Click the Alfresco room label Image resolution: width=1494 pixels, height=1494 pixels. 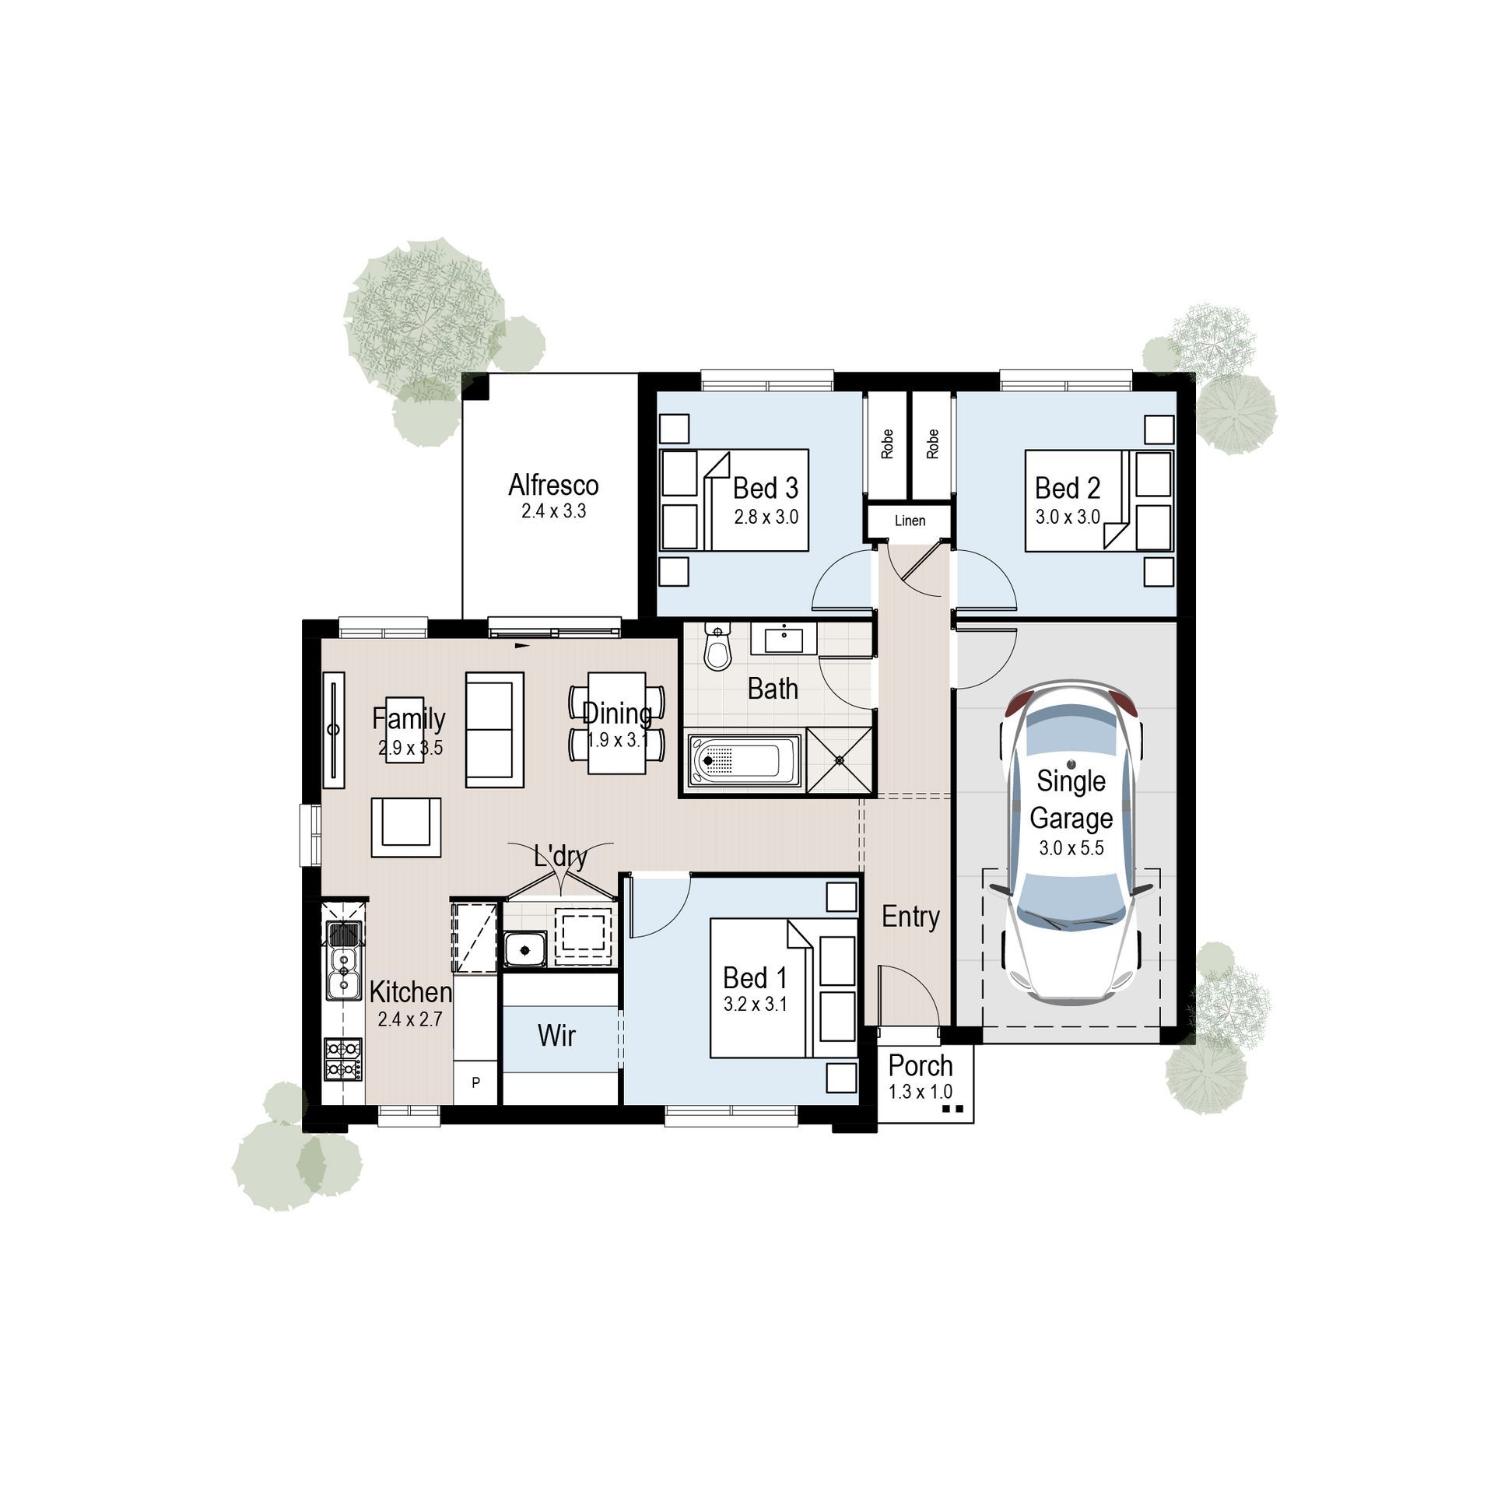[x=553, y=486]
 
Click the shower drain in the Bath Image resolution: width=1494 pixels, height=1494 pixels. [x=840, y=760]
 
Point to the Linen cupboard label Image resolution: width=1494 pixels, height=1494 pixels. [x=910, y=521]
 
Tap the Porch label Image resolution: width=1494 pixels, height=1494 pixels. [x=921, y=1065]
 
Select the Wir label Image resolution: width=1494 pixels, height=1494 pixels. [x=556, y=1036]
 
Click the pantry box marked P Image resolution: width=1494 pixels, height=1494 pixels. [x=475, y=1082]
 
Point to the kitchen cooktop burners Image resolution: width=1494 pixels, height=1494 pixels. [x=343, y=1059]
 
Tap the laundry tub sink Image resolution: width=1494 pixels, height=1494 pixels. [x=525, y=949]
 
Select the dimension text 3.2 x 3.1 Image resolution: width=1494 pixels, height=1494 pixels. [x=755, y=1005]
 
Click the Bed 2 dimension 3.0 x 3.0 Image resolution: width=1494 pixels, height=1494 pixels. [x=1067, y=517]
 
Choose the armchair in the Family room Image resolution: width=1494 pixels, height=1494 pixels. [x=405, y=827]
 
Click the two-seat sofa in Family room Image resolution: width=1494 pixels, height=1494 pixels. [x=494, y=730]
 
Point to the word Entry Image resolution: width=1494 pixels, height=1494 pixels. [x=910, y=917]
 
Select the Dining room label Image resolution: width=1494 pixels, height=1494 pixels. [x=617, y=713]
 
